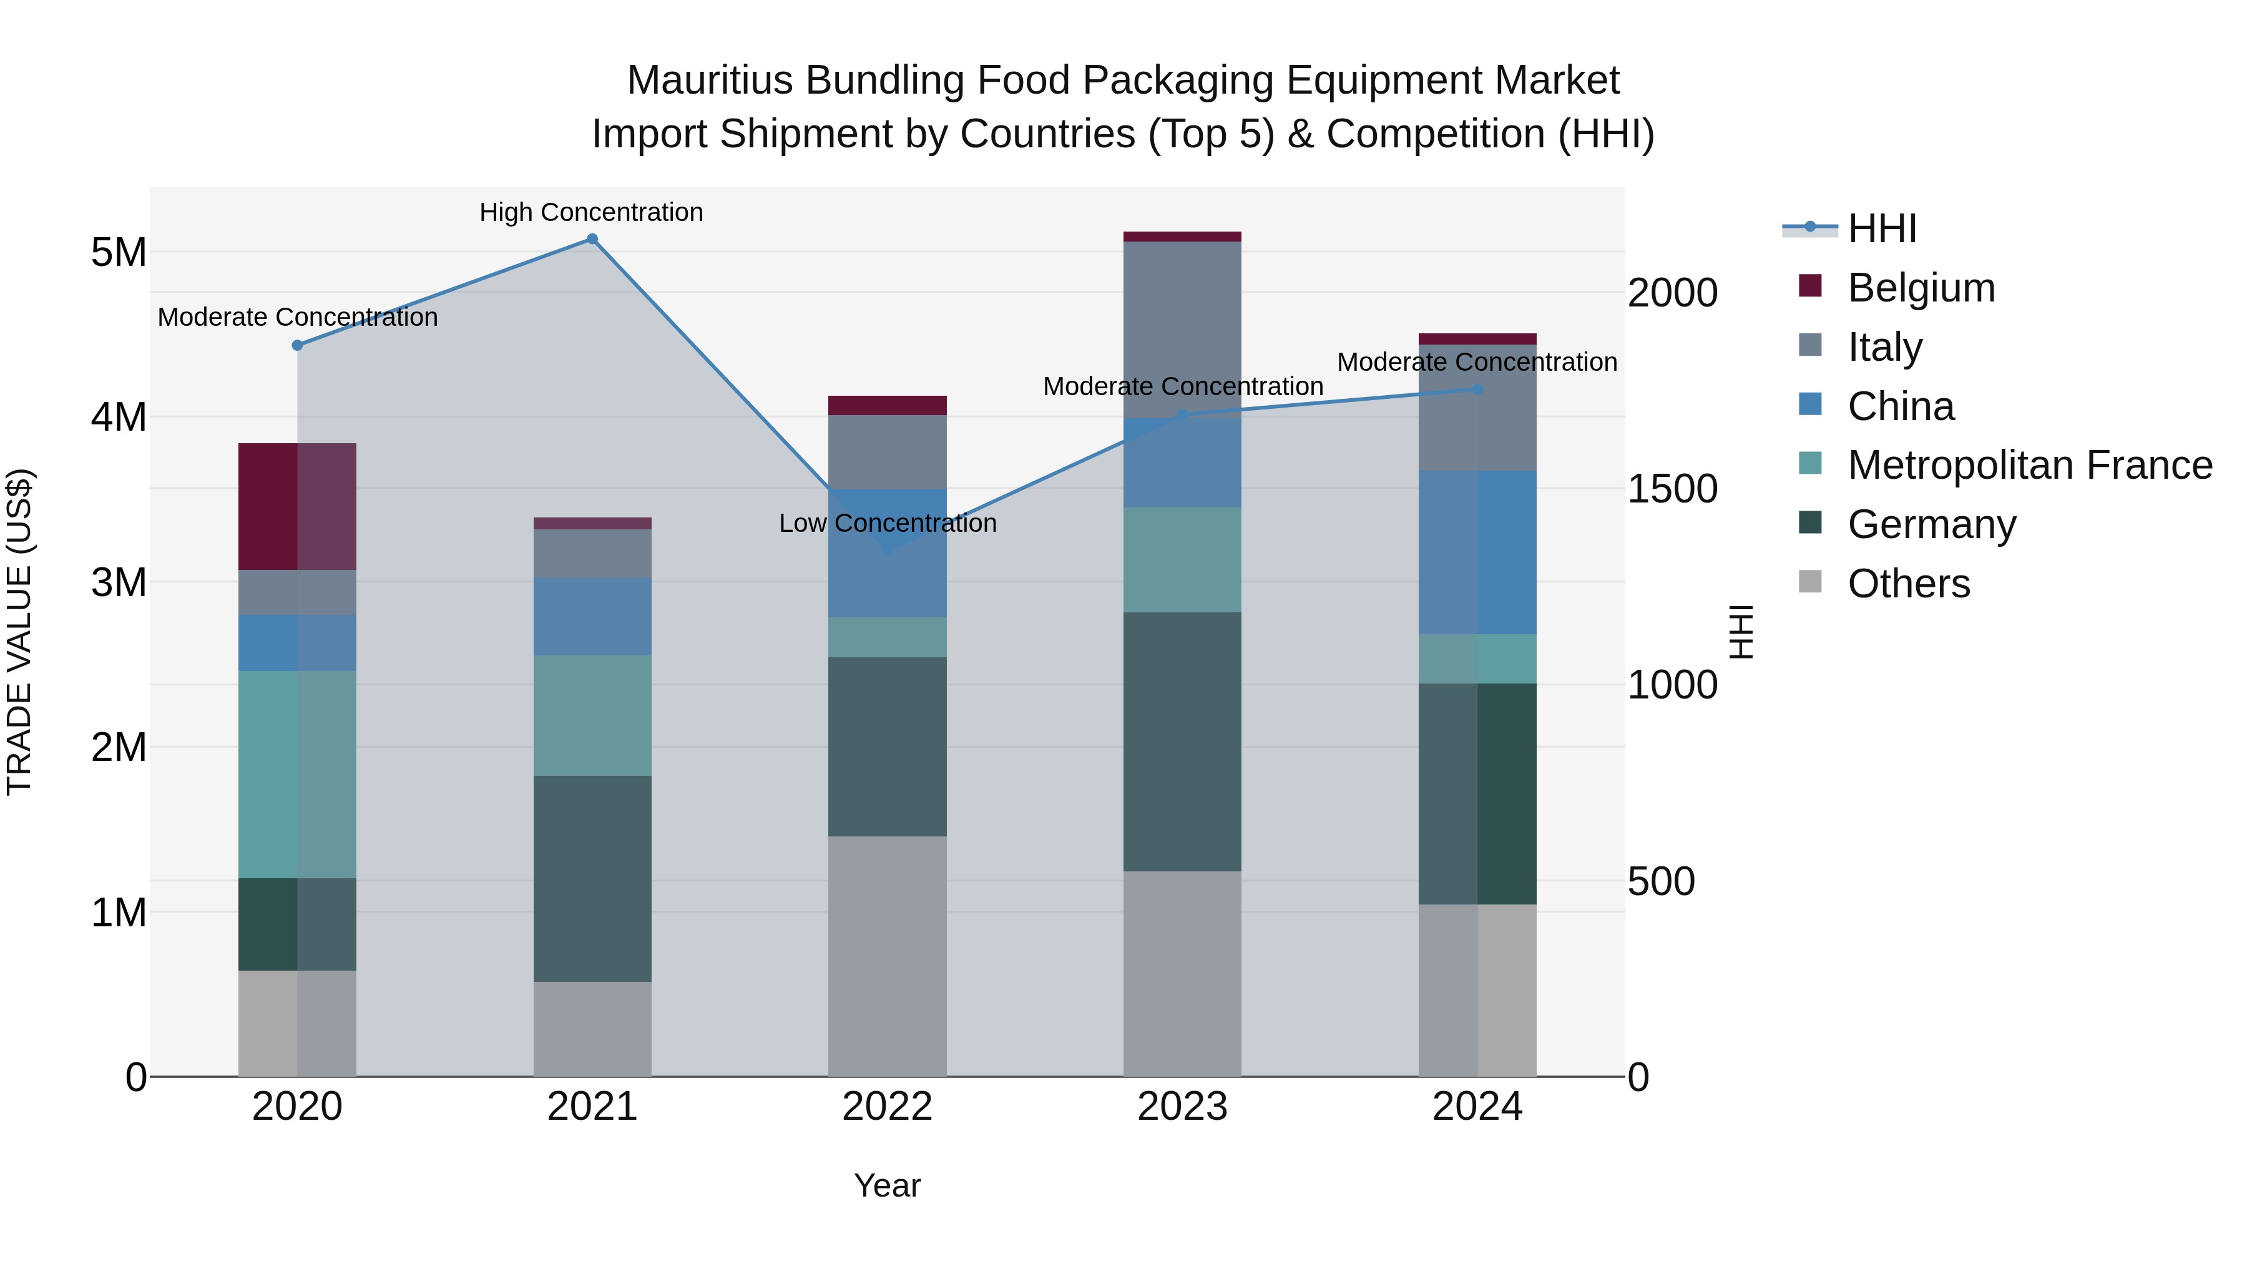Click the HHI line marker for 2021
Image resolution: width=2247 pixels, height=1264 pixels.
pos(592,239)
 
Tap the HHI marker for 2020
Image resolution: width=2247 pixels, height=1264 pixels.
pos(298,345)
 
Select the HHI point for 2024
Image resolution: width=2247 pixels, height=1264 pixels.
pos(1477,389)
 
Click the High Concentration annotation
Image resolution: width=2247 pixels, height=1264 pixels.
pos(592,212)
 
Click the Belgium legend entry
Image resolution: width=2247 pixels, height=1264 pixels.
pos(1920,288)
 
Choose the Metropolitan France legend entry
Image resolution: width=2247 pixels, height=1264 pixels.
pos(2029,465)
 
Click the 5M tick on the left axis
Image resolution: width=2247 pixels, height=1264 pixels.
pos(119,253)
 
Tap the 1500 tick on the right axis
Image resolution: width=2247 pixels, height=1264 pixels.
pos(1672,489)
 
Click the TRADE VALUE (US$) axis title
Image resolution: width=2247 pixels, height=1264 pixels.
pos(19,632)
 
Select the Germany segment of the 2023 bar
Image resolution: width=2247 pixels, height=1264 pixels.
pos(1182,742)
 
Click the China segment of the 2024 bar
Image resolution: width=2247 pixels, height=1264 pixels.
pos(1477,552)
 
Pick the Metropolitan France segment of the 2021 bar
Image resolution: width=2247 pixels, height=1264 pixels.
pos(592,715)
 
